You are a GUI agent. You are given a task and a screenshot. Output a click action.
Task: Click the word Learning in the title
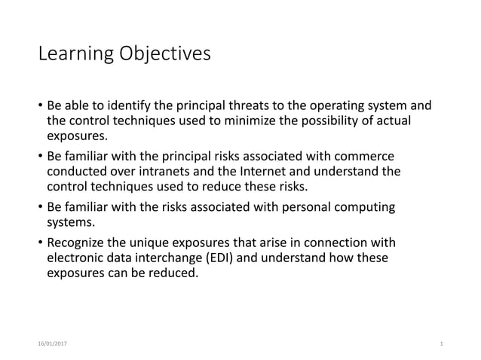73,55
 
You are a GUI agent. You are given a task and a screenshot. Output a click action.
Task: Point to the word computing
360,206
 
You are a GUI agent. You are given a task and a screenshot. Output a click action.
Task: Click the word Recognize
78,243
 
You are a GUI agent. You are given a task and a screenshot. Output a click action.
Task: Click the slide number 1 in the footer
440,343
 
